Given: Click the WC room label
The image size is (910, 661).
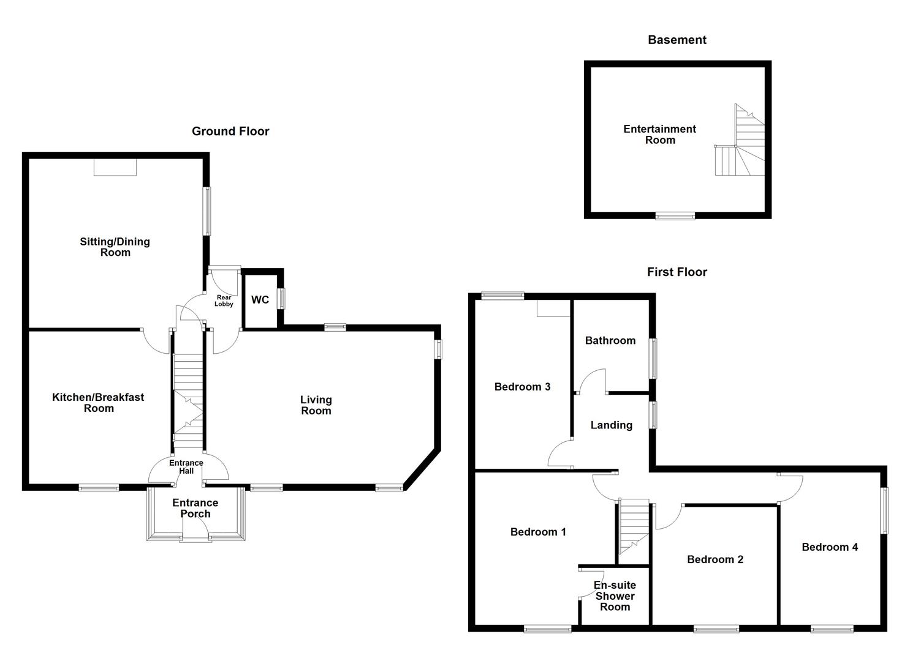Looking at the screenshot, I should [260, 300].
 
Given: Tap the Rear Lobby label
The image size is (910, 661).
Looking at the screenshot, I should [224, 301].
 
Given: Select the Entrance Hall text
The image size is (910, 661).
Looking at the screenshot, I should [186, 467].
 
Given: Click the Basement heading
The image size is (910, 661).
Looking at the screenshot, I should [677, 40].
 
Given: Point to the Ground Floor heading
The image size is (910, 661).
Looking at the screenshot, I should [230, 131].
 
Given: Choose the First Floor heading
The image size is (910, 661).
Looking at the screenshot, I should [677, 272].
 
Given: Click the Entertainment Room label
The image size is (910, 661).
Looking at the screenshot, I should [659, 134].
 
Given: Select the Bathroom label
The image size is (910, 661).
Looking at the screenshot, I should [610, 340].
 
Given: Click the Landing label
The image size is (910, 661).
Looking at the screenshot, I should [611, 425].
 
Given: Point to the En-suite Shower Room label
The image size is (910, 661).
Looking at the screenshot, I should [615, 596].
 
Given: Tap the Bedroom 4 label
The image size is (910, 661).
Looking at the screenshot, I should [830, 547].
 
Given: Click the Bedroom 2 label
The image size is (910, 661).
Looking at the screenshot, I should [715, 559].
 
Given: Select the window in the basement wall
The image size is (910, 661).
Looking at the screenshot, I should [675, 215].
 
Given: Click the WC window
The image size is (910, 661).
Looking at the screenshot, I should [282, 298].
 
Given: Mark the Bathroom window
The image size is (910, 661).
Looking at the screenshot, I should [654, 359].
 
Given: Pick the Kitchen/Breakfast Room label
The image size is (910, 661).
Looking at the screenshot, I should [98, 402].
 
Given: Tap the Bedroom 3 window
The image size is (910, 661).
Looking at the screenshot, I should [502, 296].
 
